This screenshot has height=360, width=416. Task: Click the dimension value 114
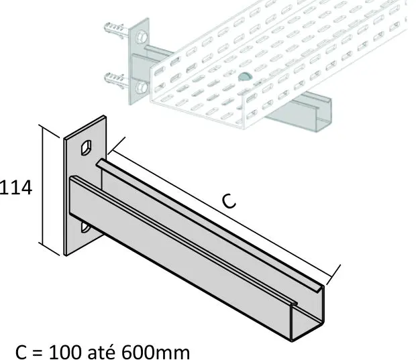click(x=16, y=188)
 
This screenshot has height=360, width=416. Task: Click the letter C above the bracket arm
click(x=229, y=201)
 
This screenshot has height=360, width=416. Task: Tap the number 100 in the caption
click(x=65, y=352)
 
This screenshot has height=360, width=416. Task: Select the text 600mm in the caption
click(x=156, y=352)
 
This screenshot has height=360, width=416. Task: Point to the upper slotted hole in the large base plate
click(x=87, y=147)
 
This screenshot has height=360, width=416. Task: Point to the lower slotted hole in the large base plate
click(x=85, y=228)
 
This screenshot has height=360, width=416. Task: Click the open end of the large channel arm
click(x=307, y=313)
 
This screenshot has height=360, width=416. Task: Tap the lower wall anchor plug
click(x=114, y=78)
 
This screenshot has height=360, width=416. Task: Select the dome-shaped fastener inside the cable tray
click(x=245, y=76)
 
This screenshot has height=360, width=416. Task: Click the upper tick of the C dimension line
click(x=116, y=145)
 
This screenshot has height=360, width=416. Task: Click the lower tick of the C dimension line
click(x=333, y=275)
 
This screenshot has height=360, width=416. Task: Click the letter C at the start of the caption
click(x=21, y=352)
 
